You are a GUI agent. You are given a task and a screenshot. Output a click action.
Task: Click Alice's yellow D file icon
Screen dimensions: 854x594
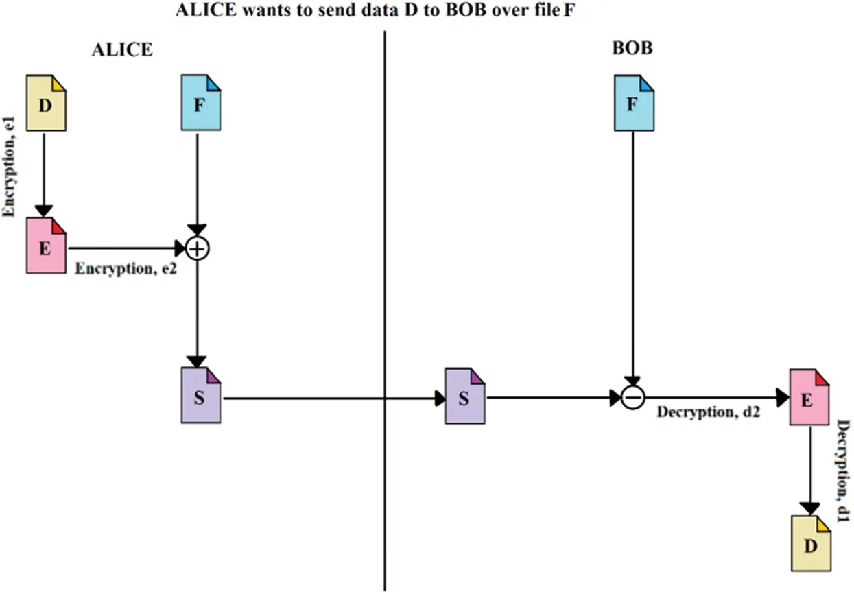point(46,103)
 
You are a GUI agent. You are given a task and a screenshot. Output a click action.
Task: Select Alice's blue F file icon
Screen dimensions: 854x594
point(201,103)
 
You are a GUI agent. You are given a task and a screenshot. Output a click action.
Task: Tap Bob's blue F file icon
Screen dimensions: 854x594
point(634,103)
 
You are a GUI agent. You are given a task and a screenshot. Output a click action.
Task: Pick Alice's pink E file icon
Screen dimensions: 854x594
point(46,246)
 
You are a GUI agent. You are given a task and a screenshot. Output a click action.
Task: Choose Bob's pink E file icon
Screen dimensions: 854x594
point(809,397)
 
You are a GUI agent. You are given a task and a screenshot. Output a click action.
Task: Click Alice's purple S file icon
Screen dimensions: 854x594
point(201,395)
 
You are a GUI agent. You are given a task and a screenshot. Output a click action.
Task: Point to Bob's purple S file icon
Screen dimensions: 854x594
point(465,396)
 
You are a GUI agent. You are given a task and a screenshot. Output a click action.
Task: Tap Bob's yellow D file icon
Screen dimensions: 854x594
point(811,544)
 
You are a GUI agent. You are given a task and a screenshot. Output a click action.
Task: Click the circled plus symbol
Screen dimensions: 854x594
point(197,248)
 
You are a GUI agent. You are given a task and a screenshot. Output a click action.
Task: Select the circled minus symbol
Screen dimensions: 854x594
point(633,398)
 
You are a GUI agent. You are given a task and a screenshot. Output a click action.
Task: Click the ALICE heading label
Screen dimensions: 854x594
point(122,49)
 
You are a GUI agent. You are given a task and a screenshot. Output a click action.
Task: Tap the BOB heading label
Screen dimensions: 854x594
point(632,48)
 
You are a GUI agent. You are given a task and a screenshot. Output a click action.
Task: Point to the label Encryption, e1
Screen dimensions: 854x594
point(9,167)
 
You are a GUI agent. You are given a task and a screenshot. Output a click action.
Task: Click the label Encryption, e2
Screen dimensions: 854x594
point(126,269)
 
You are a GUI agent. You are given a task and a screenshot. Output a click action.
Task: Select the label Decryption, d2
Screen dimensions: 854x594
point(709,412)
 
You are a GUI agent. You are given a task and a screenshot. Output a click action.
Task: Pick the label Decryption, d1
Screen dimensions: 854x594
point(843,471)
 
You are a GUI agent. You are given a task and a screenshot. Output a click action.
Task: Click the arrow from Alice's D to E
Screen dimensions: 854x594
point(44,175)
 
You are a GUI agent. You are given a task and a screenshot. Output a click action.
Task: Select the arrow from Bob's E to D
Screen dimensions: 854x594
point(810,471)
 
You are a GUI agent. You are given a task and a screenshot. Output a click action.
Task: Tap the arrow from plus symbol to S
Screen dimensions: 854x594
point(197,314)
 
